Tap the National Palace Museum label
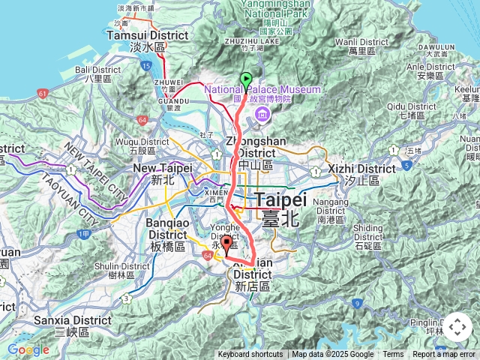[262, 90]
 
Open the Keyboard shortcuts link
[250, 355]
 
